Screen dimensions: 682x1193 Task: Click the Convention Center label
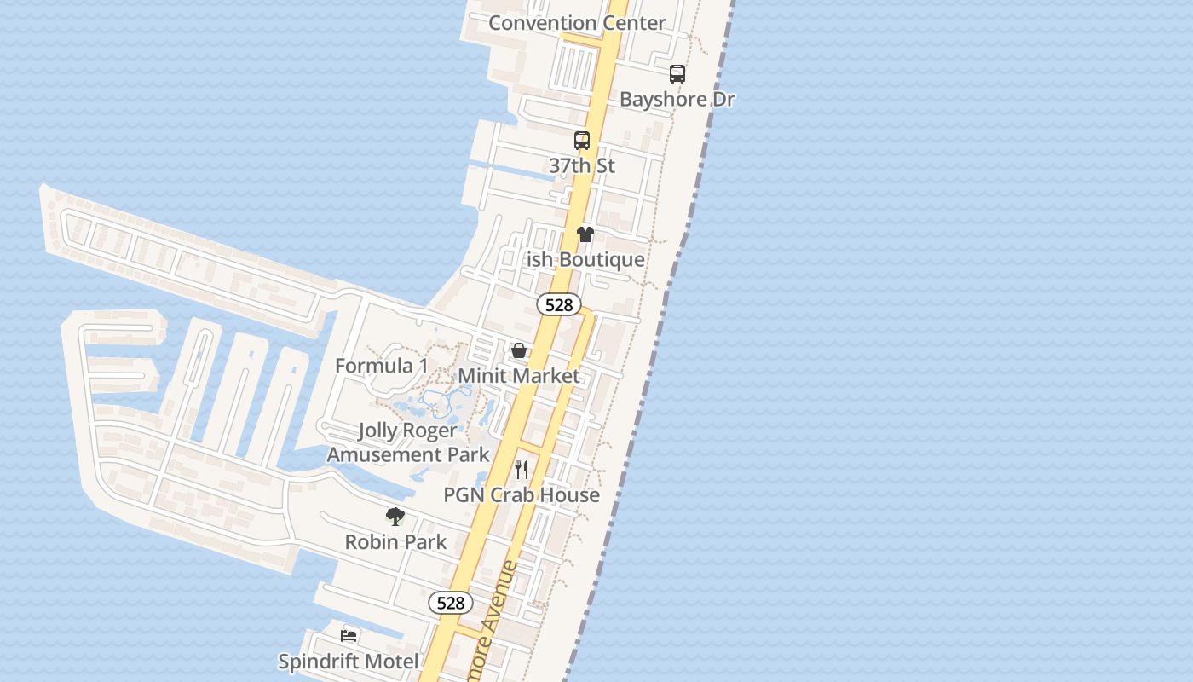pos(577,23)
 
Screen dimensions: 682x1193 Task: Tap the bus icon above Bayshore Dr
pos(677,74)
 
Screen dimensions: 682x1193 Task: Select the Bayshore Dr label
pos(677,99)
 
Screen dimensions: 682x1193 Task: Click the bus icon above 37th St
pos(582,141)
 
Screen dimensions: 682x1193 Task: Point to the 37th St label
pos(582,165)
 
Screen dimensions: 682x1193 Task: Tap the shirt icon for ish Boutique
pos(585,234)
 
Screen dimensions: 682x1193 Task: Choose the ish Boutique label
pos(585,259)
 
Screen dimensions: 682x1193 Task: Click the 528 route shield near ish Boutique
pos(559,304)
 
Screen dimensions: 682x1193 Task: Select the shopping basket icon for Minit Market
pos(518,350)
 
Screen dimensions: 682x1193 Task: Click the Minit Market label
pos(519,375)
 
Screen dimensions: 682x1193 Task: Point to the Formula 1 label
pos(382,366)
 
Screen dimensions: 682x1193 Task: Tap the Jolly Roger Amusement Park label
pos(408,442)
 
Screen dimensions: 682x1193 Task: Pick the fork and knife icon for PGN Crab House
pos(522,470)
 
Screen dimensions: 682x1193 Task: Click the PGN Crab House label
pos(522,494)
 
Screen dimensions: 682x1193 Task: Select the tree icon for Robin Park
pos(395,516)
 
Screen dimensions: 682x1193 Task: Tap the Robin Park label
pos(395,541)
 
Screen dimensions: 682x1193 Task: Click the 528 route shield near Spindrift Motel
pos(450,603)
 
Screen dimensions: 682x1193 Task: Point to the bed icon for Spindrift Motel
pos(349,635)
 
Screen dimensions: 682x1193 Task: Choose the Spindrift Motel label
pos(349,661)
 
